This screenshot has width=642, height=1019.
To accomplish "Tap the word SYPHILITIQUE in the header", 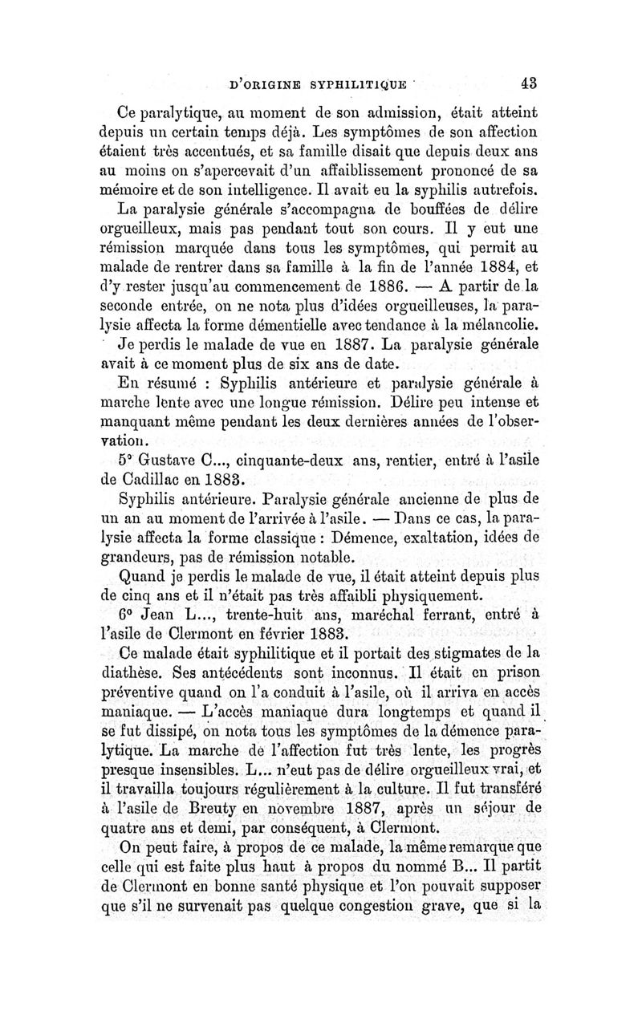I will [x=331, y=82].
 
